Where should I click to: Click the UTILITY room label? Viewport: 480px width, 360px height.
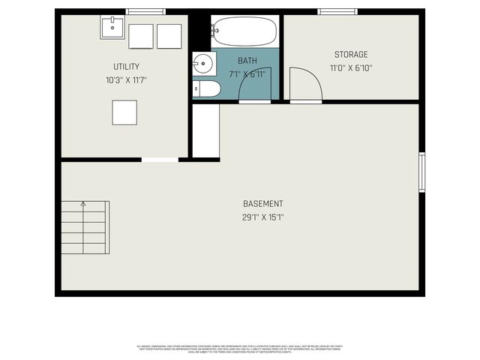tap(126, 67)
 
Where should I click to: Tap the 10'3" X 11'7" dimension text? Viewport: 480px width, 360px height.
tap(126, 79)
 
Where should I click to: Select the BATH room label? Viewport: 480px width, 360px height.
tap(247, 60)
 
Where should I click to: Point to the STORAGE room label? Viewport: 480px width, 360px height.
tap(351, 55)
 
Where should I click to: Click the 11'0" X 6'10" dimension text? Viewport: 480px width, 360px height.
tap(351, 67)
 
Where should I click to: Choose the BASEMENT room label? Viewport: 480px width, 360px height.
tap(262, 204)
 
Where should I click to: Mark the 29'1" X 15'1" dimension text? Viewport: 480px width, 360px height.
tap(262, 217)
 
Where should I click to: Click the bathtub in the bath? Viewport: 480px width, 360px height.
tap(244, 31)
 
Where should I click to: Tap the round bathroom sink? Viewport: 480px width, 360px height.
tap(202, 64)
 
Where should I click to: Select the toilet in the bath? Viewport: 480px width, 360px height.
tap(206, 89)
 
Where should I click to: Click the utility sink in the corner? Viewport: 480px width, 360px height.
tap(112, 28)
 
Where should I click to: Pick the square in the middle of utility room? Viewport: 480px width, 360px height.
tap(124, 112)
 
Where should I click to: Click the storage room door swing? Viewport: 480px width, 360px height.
tap(305, 84)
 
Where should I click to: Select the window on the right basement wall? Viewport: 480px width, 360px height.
tap(422, 172)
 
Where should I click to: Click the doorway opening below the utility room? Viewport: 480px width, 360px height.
tap(160, 160)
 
